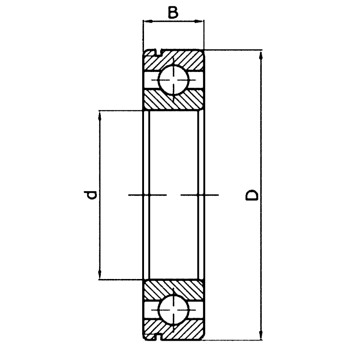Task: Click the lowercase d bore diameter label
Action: click(91, 195)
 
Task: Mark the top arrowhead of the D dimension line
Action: click(261, 56)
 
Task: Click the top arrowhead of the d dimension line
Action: click(99, 116)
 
